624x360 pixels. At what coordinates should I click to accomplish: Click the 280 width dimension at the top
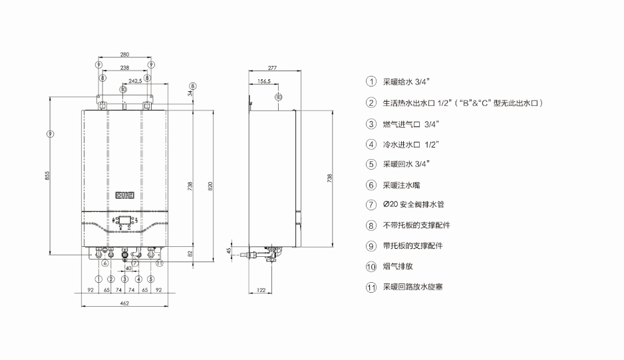[125, 55]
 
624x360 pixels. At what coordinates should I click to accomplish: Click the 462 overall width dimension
[124, 303]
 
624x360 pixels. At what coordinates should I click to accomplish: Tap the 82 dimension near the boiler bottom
[191, 254]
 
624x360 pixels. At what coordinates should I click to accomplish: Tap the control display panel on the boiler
[125, 220]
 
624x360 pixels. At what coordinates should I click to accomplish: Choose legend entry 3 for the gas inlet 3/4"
[406, 124]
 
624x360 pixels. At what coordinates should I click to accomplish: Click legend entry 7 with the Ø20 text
[412, 205]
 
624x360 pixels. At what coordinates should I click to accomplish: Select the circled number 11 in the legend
[371, 287]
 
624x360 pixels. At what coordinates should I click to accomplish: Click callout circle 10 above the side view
[278, 97]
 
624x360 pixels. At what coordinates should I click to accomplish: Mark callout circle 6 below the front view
[105, 262]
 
